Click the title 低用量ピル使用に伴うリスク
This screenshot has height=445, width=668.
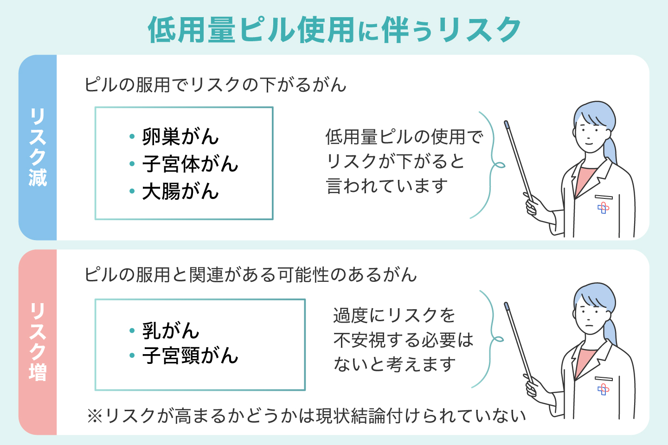click(x=334, y=30)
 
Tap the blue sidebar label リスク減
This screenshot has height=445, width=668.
click(x=38, y=147)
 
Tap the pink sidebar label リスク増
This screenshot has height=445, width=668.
click(x=38, y=342)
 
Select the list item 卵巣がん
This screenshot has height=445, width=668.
click(x=180, y=137)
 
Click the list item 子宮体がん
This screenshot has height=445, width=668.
click(x=190, y=164)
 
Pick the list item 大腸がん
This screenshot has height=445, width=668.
click(x=180, y=191)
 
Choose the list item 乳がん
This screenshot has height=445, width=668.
click(x=170, y=331)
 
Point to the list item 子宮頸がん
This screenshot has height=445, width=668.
click(x=190, y=356)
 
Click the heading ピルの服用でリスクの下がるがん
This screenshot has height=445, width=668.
click(x=215, y=85)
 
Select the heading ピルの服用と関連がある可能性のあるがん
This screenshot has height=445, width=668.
click(x=250, y=275)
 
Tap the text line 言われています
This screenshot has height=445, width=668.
click(x=387, y=186)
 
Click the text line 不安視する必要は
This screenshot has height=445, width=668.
click(x=403, y=340)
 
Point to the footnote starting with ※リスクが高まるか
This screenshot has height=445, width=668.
click(x=306, y=416)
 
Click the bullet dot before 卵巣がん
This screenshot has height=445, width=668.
click(x=132, y=137)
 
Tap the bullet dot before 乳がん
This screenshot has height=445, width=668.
click(x=132, y=331)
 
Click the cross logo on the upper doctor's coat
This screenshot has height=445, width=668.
click(x=603, y=208)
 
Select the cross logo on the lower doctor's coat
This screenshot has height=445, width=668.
click(x=603, y=389)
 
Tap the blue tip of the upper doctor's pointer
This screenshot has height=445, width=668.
click(x=507, y=124)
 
